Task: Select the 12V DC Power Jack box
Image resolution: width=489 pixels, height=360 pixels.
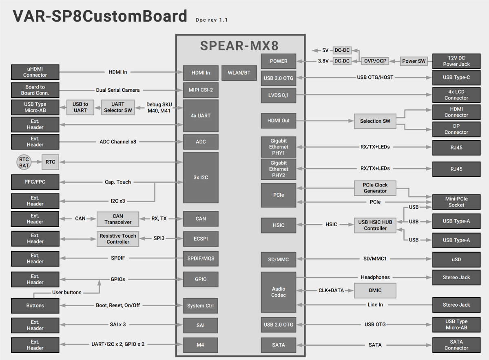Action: (456, 61)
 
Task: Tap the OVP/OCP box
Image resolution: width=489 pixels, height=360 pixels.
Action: (375, 61)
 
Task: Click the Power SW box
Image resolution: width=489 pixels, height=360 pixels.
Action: (414, 61)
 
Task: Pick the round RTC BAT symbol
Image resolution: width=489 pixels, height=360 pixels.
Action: (24, 162)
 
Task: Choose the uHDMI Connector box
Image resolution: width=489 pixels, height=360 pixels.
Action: (35, 72)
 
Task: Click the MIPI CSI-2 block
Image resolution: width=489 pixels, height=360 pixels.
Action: (201, 90)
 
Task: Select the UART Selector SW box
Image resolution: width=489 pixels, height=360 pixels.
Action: (117, 107)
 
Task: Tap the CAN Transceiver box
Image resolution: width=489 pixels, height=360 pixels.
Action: (118, 219)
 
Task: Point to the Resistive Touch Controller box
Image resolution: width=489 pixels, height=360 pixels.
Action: (118, 239)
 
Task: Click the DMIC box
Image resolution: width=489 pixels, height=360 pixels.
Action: (375, 290)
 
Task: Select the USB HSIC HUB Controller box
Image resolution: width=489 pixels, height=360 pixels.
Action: (375, 225)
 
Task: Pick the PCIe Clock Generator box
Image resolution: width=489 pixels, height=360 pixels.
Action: (375, 188)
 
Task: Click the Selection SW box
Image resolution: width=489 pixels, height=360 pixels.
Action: (375, 121)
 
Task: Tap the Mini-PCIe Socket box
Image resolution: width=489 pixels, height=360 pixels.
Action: (456, 202)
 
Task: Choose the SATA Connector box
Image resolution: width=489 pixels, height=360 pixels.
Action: (456, 345)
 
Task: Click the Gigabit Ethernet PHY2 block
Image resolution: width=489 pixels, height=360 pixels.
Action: (279, 169)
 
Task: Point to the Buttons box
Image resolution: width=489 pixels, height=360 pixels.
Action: (35, 305)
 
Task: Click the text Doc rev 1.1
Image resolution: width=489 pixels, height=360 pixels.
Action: (211, 20)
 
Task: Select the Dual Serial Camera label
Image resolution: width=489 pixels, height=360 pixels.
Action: (117, 90)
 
